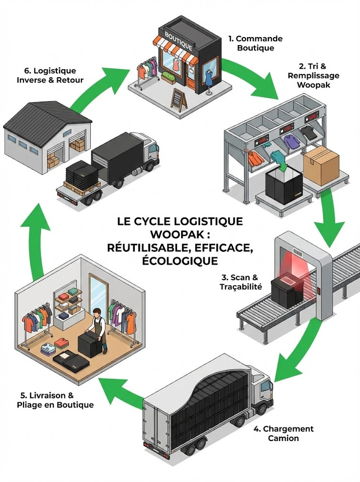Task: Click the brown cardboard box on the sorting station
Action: click(321, 164)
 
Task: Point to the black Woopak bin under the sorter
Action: click(284, 186)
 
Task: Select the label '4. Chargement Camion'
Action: click(283, 433)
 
